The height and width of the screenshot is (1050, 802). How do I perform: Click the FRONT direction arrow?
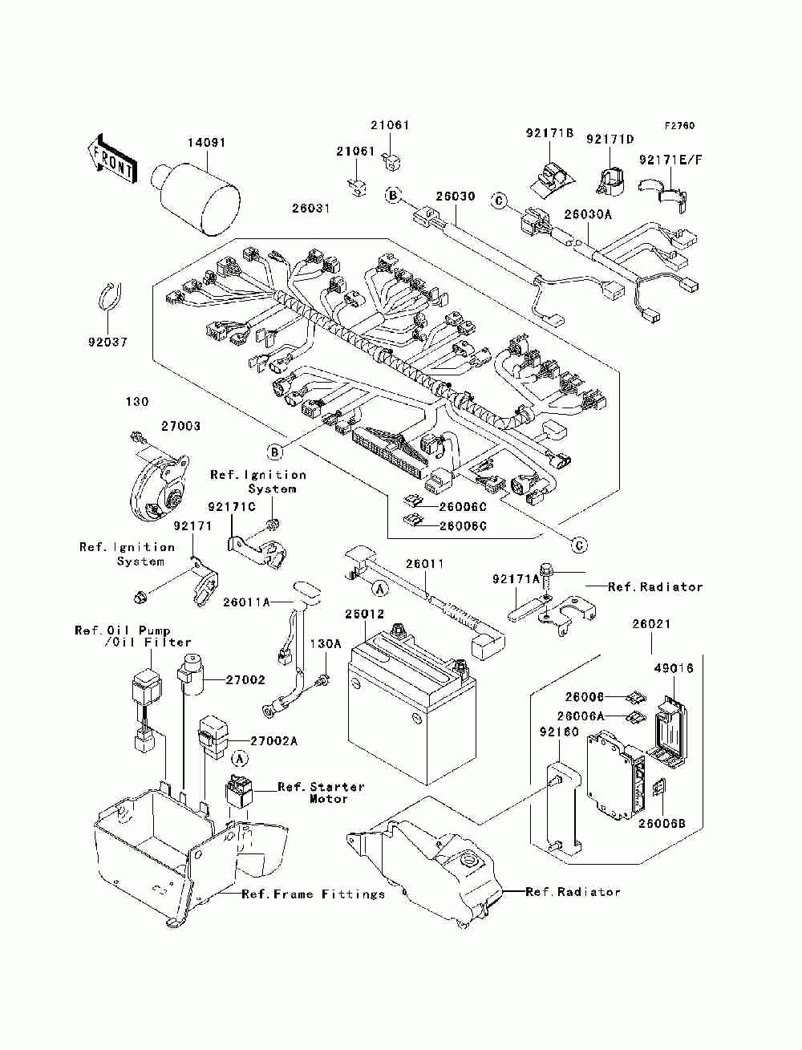[113, 159]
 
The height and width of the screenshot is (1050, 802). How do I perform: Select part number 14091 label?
[206, 143]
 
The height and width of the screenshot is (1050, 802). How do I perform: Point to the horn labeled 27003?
[159, 486]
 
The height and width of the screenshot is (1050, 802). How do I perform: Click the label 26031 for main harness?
[311, 209]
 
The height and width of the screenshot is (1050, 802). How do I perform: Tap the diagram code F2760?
[679, 126]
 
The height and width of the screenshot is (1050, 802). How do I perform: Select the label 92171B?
[549, 132]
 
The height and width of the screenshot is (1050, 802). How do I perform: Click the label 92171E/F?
[670, 160]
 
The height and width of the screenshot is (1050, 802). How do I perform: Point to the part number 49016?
[674, 668]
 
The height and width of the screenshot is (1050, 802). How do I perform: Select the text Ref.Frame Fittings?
[314, 894]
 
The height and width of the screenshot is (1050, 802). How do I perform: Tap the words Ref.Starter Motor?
[321, 793]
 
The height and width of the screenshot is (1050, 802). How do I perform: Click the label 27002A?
[274, 741]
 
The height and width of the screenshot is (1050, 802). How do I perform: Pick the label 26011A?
[246, 602]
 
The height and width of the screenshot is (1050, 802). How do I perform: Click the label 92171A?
[516, 579]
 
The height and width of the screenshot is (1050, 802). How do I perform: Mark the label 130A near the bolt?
[326, 644]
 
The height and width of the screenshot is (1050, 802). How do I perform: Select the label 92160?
[559, 732]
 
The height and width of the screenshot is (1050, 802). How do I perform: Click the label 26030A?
[588, 214]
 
